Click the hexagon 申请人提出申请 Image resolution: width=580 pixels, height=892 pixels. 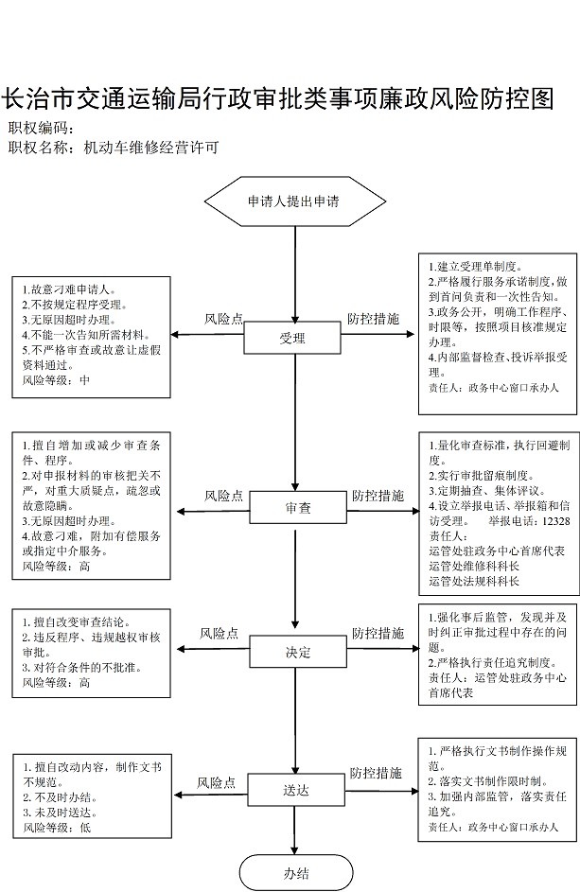tap(295, 201)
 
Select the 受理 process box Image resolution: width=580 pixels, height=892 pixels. tap(292, 339)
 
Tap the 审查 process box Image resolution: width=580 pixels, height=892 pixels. tap(298, 507)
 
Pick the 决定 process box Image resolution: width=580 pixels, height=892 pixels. tap(298, 652)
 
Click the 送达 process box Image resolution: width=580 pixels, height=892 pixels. tap(295, 790)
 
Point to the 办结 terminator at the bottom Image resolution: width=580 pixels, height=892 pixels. tap(296, 873)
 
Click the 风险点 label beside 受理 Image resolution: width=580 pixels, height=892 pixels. tap(223, 319)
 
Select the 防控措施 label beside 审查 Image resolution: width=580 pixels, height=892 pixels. tap(378, 496)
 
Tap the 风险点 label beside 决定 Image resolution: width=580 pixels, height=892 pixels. tap(219, 633)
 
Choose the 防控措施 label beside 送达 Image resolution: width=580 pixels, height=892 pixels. tap(376, 773)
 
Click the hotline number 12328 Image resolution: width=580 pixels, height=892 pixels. tap(555, 520)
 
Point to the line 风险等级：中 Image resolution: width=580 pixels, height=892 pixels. tap(56, 380)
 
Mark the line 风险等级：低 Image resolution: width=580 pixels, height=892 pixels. tap(57, 827)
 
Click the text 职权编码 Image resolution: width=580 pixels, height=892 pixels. tap(38, 128)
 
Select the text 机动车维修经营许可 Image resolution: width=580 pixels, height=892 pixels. tap(150, 148)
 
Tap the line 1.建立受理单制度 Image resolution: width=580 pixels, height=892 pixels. tap(476, 266)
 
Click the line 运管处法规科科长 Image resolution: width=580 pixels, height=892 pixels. tap(474, 581)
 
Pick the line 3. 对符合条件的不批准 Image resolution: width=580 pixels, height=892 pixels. tap(82, 667)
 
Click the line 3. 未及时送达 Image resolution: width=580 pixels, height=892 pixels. tap(61, 813)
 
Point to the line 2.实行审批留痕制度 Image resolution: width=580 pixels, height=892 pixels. tap(482, 475)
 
